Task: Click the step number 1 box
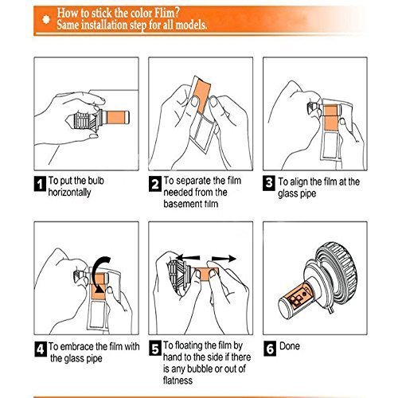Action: click(40, 183)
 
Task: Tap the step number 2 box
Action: click(154, 184)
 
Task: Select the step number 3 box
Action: click(269, 183)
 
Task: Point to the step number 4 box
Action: click(41, 349)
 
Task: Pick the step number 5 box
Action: click(154, 349)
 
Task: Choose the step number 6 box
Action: click(270, 349)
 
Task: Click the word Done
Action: click(290, 346)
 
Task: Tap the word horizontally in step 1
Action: click(69, 193)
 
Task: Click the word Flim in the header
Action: click(166, 13)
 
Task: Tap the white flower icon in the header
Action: click(46, 19)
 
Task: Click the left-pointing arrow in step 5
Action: click(188, 257)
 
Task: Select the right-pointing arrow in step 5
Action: click(224, 258)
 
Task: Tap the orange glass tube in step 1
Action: click(118, 117)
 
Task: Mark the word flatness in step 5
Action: click(178, 380)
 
